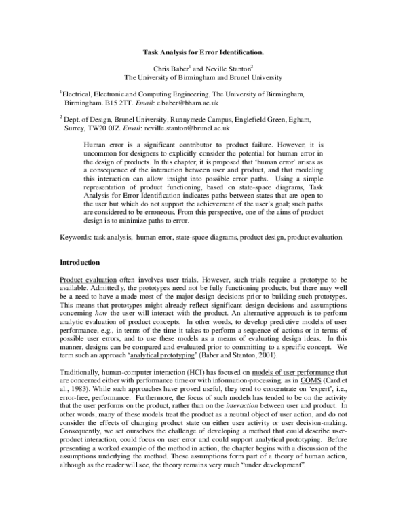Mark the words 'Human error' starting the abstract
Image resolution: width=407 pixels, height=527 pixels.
click(100, 145)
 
